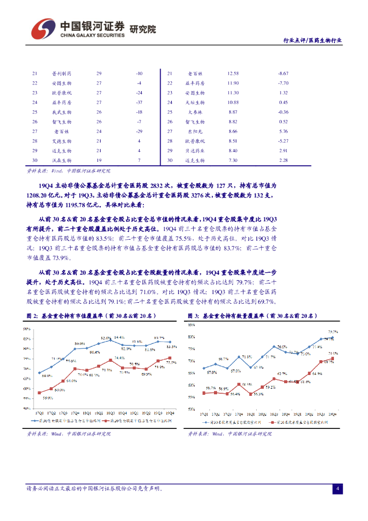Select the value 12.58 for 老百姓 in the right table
233,74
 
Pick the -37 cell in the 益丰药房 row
139,102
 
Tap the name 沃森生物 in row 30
62,160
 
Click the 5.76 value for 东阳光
283,131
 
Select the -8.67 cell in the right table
283,74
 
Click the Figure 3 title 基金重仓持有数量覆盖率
259,316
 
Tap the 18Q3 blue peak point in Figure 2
111,340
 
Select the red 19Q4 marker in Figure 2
169,358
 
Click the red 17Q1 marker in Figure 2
39,392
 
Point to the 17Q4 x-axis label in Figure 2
75,413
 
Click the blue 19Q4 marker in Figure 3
332,338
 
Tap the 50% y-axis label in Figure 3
192,409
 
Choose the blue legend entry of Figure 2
66,421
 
